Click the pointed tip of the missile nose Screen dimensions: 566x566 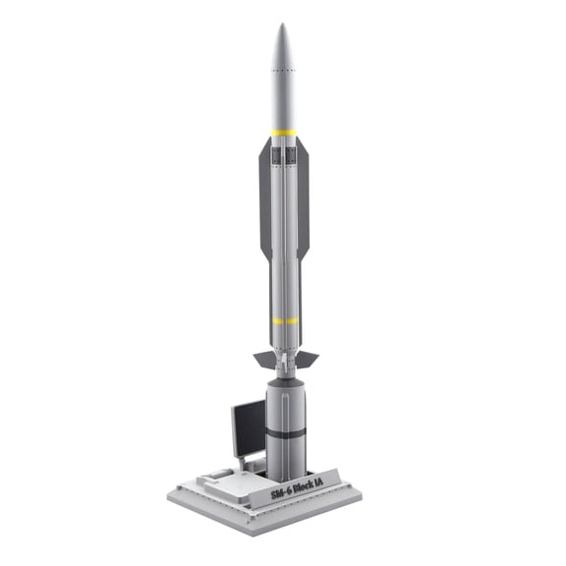(282, 26)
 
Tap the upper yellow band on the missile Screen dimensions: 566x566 (284, 132)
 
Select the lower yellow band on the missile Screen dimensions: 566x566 (285, 320)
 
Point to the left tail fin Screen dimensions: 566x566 (263, 359)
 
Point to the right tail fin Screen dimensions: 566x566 (307, 357)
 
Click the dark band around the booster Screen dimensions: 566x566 (285, 431)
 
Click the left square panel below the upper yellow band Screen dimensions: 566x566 (277, 154)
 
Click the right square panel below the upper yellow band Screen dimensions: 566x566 (292, 154)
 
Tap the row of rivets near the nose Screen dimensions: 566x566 (283, 72)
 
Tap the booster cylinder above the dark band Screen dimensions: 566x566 (285, 403)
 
